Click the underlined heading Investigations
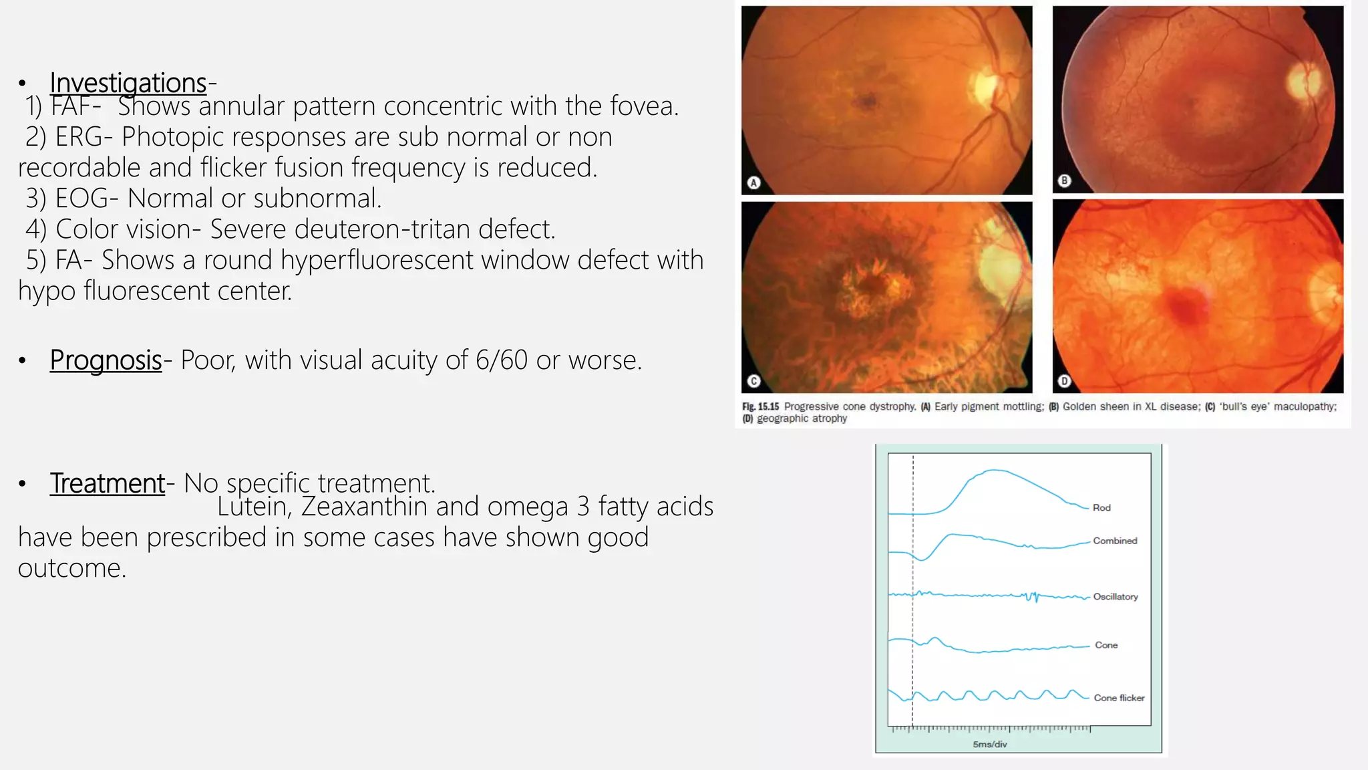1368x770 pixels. pyautogui.click(x=128, y=83)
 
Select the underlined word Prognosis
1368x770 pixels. pyautogui.click(x=106, y=360)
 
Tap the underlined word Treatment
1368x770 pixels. pyautogui.click(x=107, y=483)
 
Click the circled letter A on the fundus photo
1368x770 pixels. pyautogui.click(x=753, y=182)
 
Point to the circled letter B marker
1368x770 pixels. pyautogui.click(x=1065, y=180)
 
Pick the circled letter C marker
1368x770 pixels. pyautogui.click(x=753, y=381)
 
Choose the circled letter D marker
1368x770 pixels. pyautogui.click(x=1065, y=381)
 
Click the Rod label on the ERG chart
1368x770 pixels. pyautogui.click(x=1101, y=508)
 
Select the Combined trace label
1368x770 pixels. pyautogui.click(x=1115, y=541)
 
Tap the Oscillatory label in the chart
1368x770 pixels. pyautogui.click(x=1116, y=597)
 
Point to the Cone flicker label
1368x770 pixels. pyautogui.click(x=1119, y=698)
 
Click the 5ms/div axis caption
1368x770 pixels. pyautogui.click(x=990, y=745)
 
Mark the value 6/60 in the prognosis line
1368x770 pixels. pyautogui.click(x=501, y=360)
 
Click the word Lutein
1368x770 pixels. pyautogui.click(x=253, y=507)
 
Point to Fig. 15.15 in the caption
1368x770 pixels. pyautogui.click(x=761, y=406)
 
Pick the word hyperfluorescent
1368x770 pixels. pyautogui.click(x=377, y=260)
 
